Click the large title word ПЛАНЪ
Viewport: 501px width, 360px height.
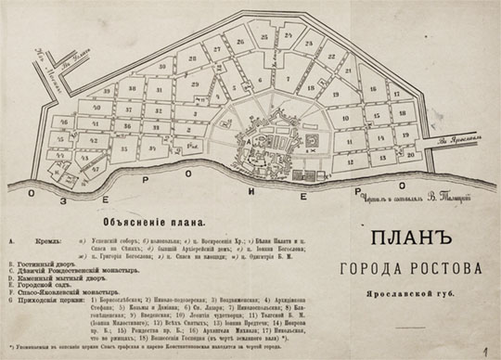click(412, 240)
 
